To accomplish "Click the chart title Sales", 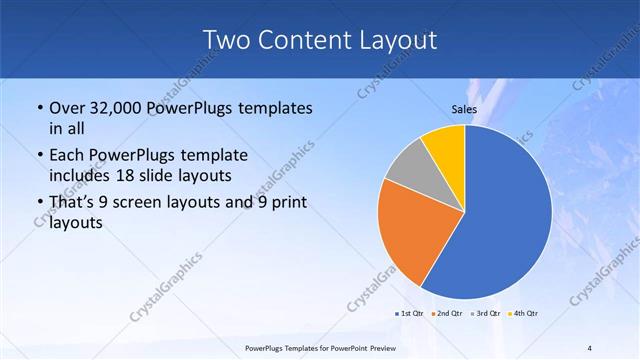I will point(464,108).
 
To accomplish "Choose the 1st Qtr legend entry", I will point(411,314).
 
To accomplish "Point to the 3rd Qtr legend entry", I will point(487,314).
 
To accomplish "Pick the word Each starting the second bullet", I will point(66,157).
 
